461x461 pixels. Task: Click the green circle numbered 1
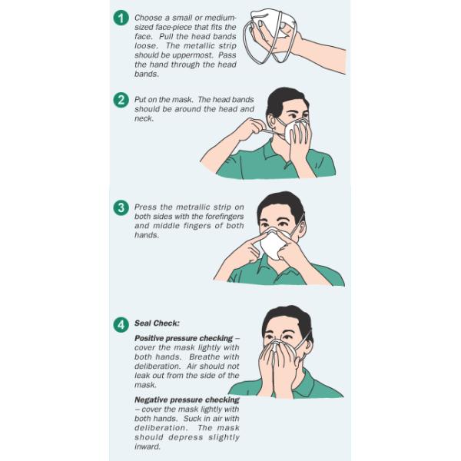121,18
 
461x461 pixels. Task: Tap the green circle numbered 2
121,100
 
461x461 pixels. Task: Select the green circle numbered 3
121,207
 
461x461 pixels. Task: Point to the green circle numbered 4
121,325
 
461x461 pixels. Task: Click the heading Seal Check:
157,323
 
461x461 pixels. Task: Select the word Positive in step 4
150,338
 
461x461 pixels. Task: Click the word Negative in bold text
151,400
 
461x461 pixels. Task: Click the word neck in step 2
143,119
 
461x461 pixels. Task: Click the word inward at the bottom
147,446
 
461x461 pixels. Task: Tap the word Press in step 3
145,207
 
